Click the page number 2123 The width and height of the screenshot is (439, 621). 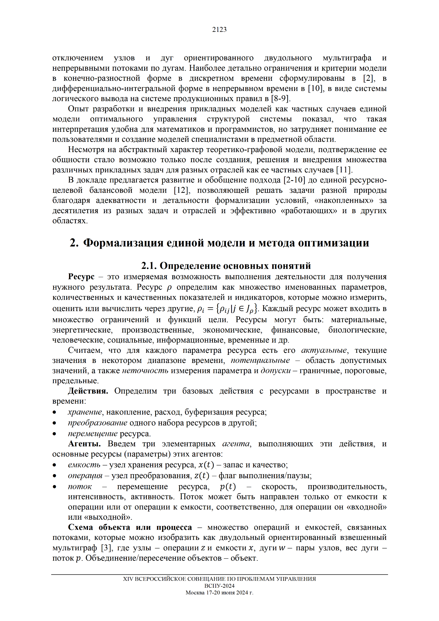coord(219,30)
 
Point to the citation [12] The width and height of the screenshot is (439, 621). coord(182,190)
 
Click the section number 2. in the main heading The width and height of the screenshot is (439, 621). coord(74,243)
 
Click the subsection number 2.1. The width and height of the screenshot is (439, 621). coord(149,266)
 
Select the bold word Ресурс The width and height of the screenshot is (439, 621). coord(81,277)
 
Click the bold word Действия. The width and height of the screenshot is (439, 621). coord(88,391)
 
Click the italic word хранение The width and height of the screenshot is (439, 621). coord(85,412)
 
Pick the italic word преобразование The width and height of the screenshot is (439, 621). coord(98,423)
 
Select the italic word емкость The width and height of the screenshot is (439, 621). coord(84,465)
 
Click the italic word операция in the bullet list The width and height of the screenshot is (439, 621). coord(85,476)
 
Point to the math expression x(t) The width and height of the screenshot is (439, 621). coord(206,465)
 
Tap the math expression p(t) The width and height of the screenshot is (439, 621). coord(228,487)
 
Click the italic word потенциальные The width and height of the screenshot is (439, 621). coord(260,360)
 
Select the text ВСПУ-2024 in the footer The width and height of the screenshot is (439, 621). coord(219,586)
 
